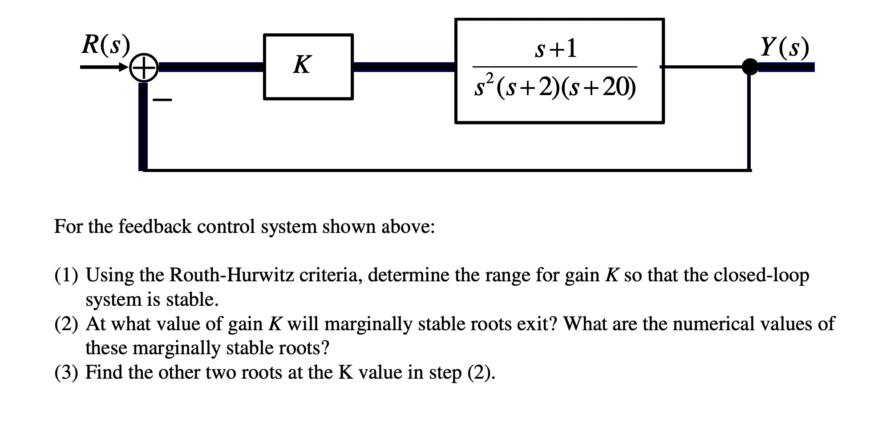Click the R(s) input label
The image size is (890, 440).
tap(106, 44)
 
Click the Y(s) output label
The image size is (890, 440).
tap(784, 47)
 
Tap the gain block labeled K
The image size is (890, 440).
tap(308, 67)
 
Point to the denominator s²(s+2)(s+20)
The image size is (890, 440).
tap(555, 86)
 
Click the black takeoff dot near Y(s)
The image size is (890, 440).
tap(750, 67)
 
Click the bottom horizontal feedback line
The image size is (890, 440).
tap(445, 170)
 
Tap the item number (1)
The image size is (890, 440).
tap(66, 276)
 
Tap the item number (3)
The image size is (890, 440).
tap(66, 372)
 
